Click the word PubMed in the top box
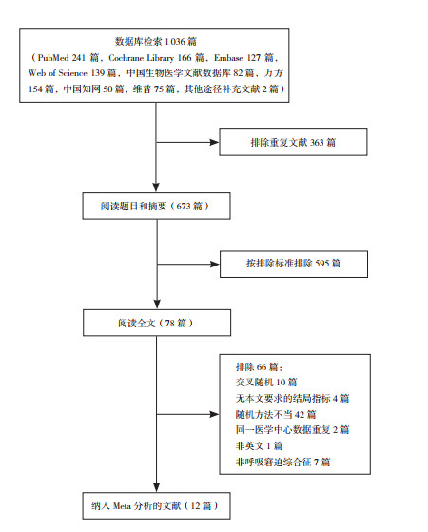point(53,58)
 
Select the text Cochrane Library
point(141,58)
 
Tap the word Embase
point(228,58)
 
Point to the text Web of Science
point(58,73)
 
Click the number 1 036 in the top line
point(175,42)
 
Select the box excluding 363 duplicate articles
point(293,142)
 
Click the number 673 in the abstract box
point(185,206)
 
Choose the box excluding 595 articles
point(294,265)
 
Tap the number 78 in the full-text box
point(170,323)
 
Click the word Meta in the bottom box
point(122,506)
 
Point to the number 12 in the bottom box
point(195,506)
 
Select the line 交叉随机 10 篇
point(266,383)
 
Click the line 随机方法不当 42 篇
point(276,414)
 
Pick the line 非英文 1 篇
point(259,445)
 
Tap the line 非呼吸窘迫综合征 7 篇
point(282,462)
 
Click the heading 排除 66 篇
point(259,366)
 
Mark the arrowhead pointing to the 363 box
point(215,142)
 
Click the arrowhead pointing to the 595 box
point(215,264)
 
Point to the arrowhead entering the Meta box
point(156,487)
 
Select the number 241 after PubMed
point(78,58)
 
